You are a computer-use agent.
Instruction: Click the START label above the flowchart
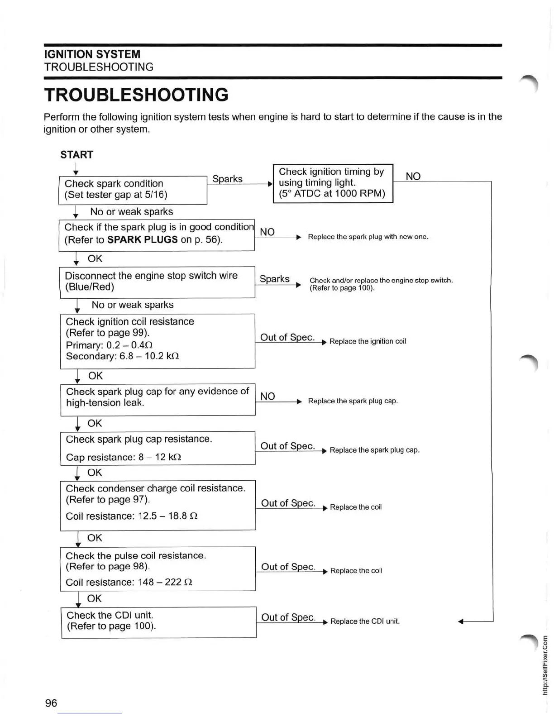tap(77, 155)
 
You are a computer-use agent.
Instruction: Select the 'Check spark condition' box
tap(133, 190)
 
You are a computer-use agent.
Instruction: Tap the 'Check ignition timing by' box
tap(333, 183)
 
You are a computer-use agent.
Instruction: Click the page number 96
tap(51, 703)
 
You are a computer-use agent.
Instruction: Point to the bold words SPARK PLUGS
tap(142, 239)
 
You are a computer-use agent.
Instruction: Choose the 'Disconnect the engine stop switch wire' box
tap(157, 282)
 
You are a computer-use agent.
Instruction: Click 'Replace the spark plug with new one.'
tap(368, 237)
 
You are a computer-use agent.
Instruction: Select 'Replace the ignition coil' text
tap(368, 341)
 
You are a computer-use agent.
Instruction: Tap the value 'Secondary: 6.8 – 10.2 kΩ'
tap(122, 356)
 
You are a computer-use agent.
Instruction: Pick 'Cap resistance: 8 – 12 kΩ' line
tap(124, 457)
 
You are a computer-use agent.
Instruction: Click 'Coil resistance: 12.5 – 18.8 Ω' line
tap(132, 516)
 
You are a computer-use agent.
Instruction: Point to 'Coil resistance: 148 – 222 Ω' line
tap(129, 582)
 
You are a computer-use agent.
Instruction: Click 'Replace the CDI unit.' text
tap(365, 621)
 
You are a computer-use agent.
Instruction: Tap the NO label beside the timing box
tap(413, 176)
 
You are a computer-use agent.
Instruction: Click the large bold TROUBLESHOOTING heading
tap(136, 95)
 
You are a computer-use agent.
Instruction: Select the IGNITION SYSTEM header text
tap(92, 54)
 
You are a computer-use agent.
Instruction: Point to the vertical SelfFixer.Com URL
tap(545, 664)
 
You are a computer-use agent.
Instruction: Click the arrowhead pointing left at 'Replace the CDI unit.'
tap(461, 621)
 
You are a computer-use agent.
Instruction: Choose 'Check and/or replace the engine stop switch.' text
tap(381, 281)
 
